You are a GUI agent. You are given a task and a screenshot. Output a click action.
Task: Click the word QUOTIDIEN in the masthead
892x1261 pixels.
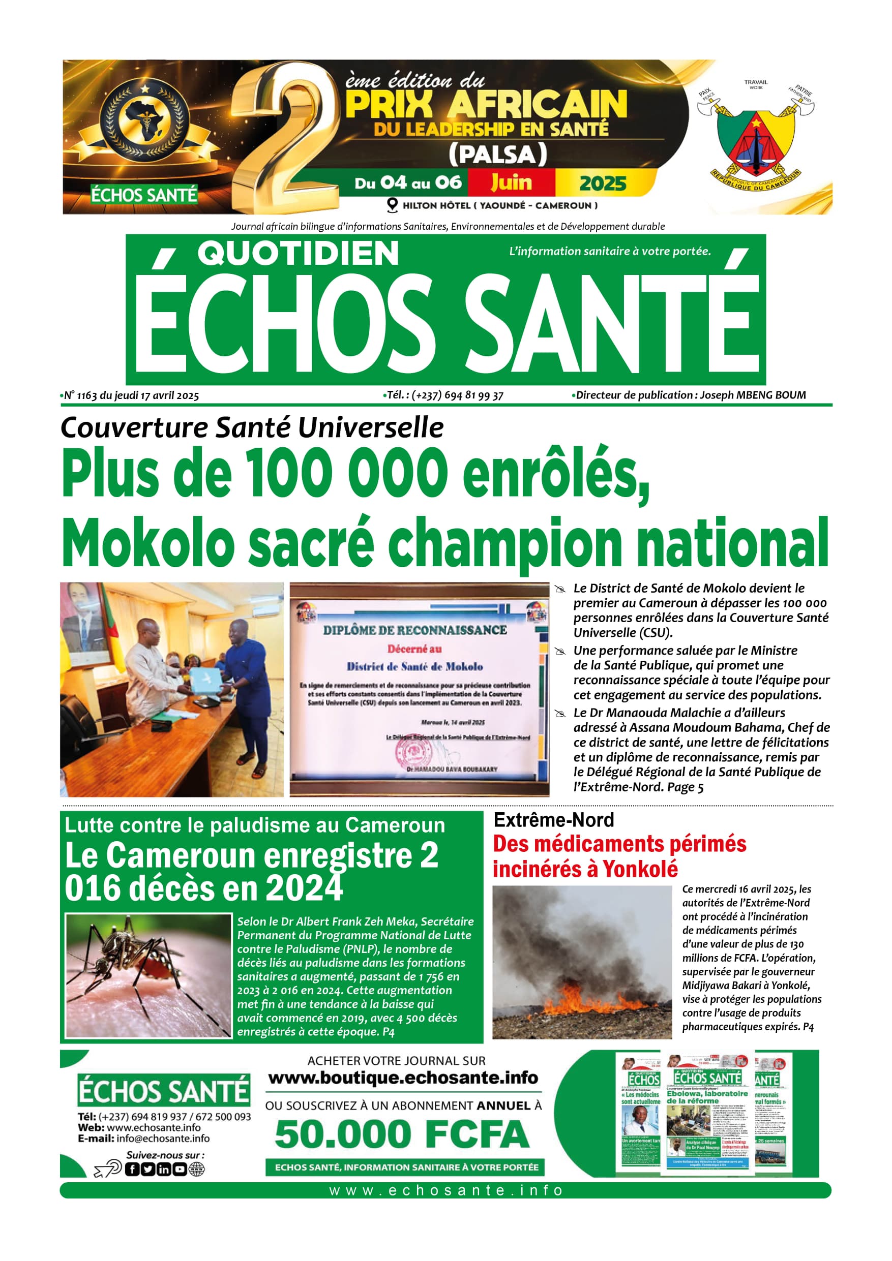pos(298,254)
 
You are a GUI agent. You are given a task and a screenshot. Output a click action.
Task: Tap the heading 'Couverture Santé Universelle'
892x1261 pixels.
pos(252,428)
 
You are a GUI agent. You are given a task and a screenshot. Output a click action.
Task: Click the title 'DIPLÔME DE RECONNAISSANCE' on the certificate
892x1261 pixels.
pos(415,630)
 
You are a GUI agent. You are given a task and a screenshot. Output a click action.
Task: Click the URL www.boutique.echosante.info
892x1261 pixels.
pos(403,1078)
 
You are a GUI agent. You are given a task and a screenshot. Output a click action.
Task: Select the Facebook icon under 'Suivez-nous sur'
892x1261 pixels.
pos(132,1170)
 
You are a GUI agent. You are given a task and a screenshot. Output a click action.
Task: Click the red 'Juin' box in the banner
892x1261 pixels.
pos(511,182)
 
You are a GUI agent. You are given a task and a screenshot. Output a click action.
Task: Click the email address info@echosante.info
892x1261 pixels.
pos(163,1139)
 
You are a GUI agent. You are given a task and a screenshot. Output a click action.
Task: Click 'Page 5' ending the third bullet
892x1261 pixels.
pos(686,787)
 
